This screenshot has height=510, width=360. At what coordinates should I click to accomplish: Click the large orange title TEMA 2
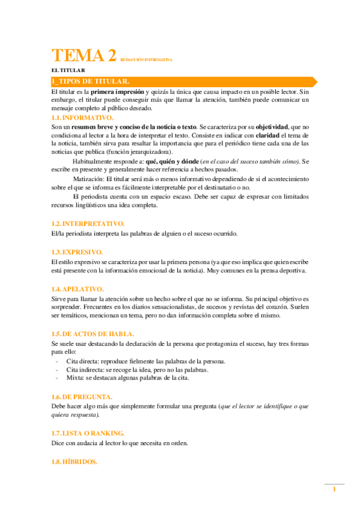click(84, 56)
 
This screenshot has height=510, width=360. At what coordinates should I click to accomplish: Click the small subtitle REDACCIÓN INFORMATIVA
click(147, 60)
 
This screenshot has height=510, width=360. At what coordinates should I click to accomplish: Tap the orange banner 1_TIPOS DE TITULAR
click(90, 81)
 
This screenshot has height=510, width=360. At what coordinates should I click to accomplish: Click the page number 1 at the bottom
click(334, 491)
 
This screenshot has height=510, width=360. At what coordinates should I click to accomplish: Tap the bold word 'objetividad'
click(271, 127)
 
